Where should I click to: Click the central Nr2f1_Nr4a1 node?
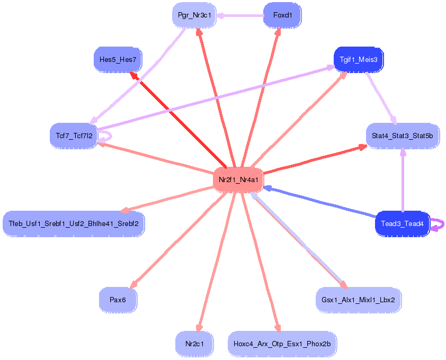click(x=238, y=179)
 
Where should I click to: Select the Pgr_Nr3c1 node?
click(x=194, y=15)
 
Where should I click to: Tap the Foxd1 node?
click(x=282, y=15)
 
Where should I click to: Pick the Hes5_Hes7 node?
click(x=118, y=60)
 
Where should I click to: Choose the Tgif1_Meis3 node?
click(x=359, y=60)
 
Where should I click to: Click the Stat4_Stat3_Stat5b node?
click(x=402, y=136)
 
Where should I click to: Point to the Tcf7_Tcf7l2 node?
click(x=74, y=136)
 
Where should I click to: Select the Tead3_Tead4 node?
click(x=402, y=224)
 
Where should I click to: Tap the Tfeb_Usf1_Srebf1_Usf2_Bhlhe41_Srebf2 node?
click(x=74, y=223)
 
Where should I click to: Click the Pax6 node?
click(x=118, y=300)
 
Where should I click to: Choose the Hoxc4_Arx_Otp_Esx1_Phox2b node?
click(x=282, y=344)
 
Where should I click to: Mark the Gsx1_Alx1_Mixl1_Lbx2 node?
click(x=358, y=300)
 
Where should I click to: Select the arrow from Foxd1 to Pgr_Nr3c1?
click(x=241, y=15)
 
